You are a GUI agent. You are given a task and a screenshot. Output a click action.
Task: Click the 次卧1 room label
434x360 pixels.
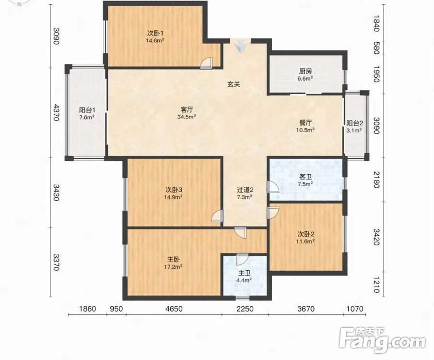click(155, 34)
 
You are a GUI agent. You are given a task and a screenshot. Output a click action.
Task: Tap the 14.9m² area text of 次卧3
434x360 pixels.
click(173, 197)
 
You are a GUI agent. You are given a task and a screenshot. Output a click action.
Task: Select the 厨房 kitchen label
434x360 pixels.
click(305, 71)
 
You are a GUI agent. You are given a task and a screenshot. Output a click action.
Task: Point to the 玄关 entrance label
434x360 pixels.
click(234, 84)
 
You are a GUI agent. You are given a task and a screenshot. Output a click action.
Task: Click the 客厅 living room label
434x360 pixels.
click(187, 110)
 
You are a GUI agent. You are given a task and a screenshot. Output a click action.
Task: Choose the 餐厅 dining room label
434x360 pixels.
click(305, 123)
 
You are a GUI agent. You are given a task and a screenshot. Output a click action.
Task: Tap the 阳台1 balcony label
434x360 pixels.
click(87, 110)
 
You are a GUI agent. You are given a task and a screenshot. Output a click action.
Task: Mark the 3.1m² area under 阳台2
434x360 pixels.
click(354, 130)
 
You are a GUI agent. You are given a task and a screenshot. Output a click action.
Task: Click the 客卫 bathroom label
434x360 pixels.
click(305, 177)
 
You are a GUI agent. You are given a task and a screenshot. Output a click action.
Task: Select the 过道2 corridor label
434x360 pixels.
click(245, 190)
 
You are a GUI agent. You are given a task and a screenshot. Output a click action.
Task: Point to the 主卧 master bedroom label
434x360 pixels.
click(173, 260)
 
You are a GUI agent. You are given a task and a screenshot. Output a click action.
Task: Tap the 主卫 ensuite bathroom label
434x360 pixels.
click(244, 273)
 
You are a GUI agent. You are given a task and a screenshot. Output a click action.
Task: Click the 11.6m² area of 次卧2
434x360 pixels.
click(305, 241)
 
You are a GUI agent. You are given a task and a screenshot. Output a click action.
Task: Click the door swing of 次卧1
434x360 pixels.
click(207, 63)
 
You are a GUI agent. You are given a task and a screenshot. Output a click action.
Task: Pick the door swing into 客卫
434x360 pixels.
click(273, 187)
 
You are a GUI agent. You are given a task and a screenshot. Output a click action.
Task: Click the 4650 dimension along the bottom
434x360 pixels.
click(174, 309)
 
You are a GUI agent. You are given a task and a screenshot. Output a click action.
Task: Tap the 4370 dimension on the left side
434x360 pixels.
click(57, 112)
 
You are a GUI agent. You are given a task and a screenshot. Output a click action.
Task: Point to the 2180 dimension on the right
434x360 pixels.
click(376, 180)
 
